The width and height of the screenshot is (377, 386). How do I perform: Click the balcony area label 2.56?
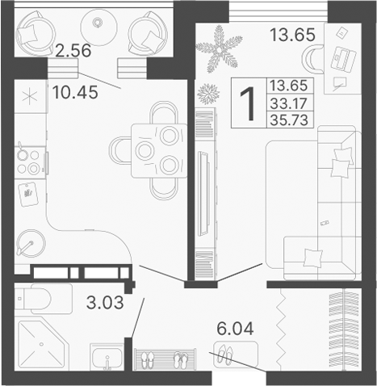tap(71, 52)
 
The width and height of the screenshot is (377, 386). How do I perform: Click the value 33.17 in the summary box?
tap(288, 102)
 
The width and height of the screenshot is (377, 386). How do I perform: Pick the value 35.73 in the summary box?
tap(288, 120)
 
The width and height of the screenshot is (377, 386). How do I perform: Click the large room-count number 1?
tap(249, 103)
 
